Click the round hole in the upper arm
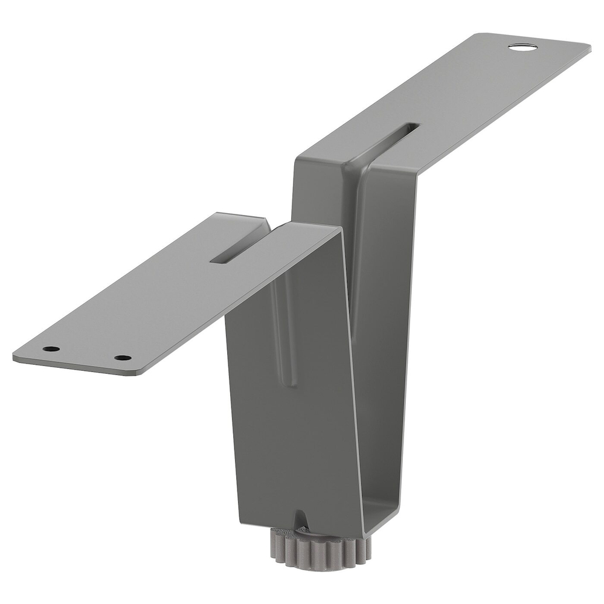(522, 47)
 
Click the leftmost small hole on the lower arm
(51, 349)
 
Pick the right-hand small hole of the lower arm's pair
(123, 358)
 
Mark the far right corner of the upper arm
(589, 47)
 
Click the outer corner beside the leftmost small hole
(16, 356)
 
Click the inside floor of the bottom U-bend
(381, 522)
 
